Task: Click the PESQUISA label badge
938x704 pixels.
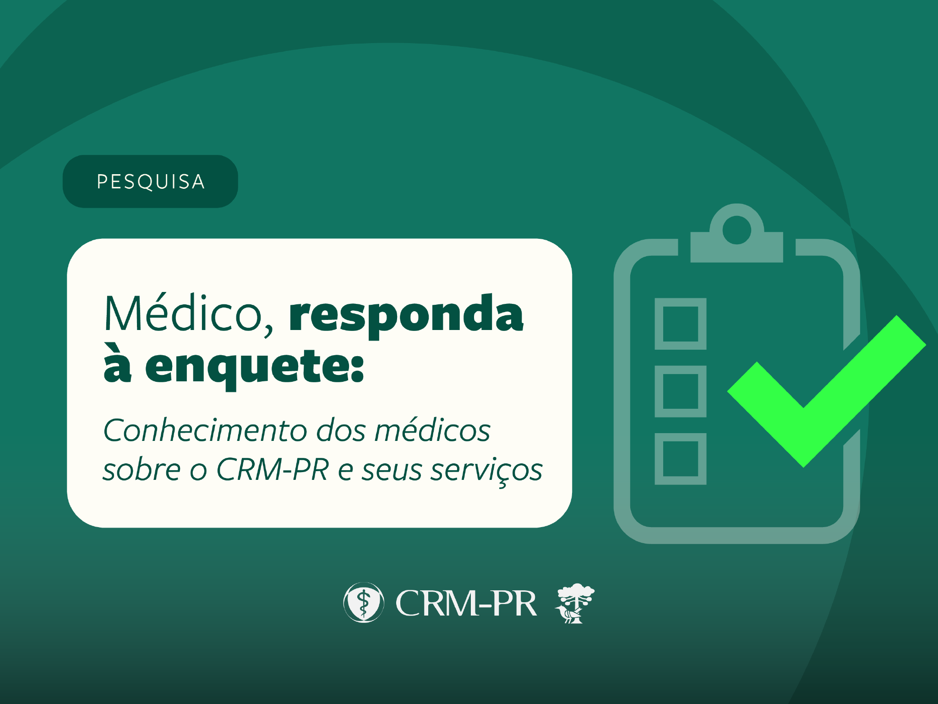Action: pos(150,181)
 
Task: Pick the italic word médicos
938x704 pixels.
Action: pos(432,430)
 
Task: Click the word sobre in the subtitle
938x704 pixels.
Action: pos(142,469)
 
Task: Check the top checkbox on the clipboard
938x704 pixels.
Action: pos(680,324)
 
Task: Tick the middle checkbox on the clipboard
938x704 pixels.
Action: pos(680,391)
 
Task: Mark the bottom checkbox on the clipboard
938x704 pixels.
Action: pos(680,459)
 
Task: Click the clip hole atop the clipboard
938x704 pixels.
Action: pos(736,230)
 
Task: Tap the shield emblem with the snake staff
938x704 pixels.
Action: pos(364,602)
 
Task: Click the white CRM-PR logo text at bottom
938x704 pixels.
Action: pos(466,603)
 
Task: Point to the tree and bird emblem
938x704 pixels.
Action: pos(574,603)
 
